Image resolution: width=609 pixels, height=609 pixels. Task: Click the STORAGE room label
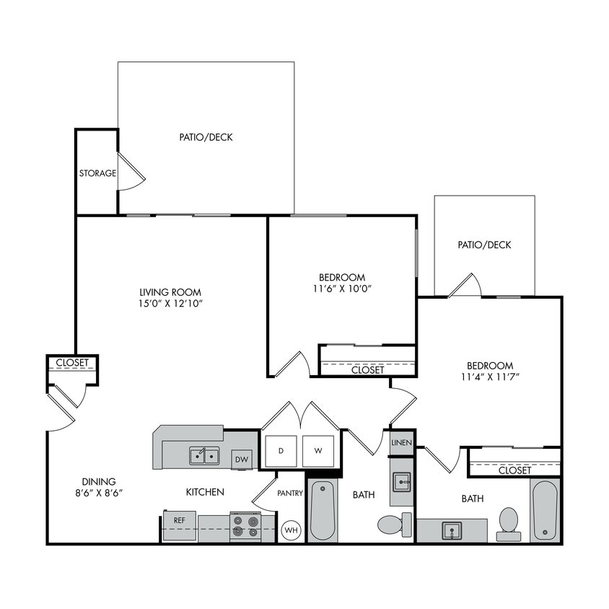click(x=97, y=173)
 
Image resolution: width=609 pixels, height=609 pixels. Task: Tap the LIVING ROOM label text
click(x=170, y=292)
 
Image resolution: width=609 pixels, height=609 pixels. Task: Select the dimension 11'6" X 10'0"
click(x=341, y=289)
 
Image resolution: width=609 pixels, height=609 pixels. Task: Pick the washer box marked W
click(x=317, y=451)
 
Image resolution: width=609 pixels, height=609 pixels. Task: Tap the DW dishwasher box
click(x=241, y=459)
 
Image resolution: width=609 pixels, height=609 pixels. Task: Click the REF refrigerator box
click(x=178, y=520)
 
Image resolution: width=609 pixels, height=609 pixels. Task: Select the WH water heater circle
click(x=291, y=530)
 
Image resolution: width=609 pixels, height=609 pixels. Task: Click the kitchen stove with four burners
click(x=245, y=526)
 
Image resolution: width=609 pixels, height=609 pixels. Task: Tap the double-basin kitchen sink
click(x=204, y=455)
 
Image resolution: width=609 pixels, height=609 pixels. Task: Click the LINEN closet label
click(x=401, y=442)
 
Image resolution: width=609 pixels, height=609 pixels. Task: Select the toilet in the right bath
click(x=509, y=522)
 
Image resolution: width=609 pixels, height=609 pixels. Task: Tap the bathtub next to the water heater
click(x=323, y=511)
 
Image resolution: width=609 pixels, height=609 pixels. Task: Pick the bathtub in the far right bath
click(x=544, y=510)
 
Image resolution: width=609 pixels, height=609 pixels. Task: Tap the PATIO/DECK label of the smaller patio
click(x=484, y=245)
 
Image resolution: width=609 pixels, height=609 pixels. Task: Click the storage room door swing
click(x=131, y=172)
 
